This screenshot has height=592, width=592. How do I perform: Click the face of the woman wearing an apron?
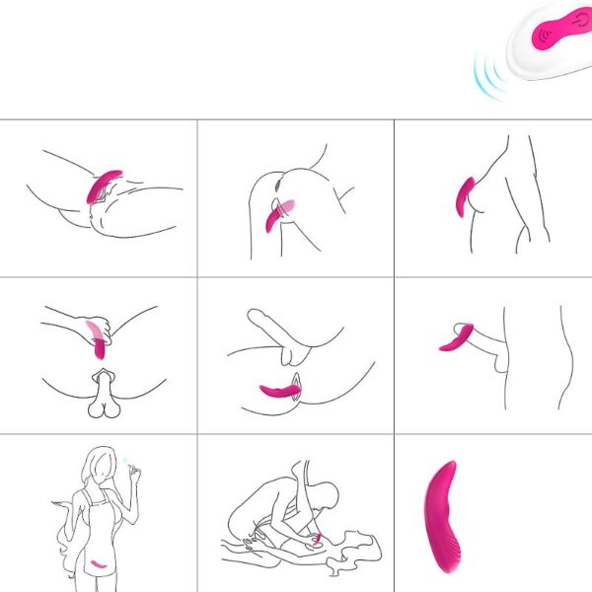99,468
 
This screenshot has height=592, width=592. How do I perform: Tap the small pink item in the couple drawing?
316,540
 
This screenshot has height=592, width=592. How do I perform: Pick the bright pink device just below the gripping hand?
100,347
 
